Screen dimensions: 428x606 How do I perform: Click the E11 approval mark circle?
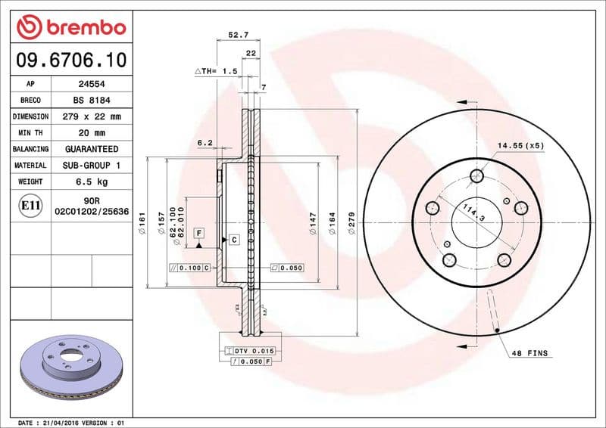[x=30, y=205]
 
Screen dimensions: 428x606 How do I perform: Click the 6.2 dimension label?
[x=205, y=143]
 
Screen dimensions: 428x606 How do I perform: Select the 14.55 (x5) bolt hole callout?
[x=520, y=144]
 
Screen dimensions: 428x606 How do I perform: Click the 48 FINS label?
[x=529, y=354]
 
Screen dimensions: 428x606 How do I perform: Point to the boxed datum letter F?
[x=198, y=234]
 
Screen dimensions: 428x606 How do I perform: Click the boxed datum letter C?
[x=234, y=240]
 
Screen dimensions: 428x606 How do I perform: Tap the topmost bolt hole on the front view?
[x=476, y=177]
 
